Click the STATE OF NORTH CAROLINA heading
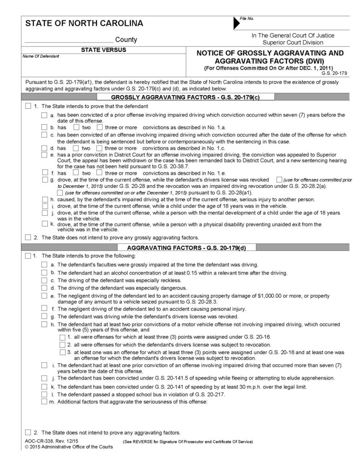[84, 23]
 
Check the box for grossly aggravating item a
[44, 116]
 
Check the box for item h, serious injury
[44, 199]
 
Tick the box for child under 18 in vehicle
[44, 206]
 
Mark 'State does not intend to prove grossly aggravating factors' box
[29, 237]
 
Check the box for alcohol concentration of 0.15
[44, 273]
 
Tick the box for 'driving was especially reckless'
[44, 280]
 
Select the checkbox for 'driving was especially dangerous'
[44, 288]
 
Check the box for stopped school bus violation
[44, 394]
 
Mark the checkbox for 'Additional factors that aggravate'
[44, 401]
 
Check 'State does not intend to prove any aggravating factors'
[29, 432]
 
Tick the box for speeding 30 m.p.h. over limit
[44, 386]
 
